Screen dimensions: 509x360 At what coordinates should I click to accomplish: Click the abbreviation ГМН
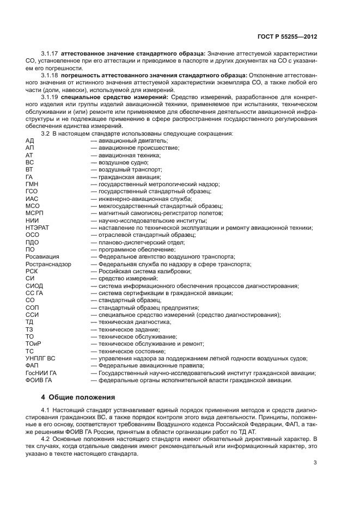pyautogui.click(x=32, y=185)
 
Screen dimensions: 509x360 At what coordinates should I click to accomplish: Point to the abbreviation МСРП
pyautogui.click(x=34, y=213)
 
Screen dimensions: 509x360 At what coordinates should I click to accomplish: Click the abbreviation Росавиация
pyautogui.click(x=42, y=257)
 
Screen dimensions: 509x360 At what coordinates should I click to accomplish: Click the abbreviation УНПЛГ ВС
pyautogui.click(x=40, y=358)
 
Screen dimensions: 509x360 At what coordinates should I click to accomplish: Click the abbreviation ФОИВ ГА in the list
pyautogui.click(x=38, y=379)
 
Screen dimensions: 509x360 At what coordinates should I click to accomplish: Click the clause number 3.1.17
pyautogui.click(x=50, y=54)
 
